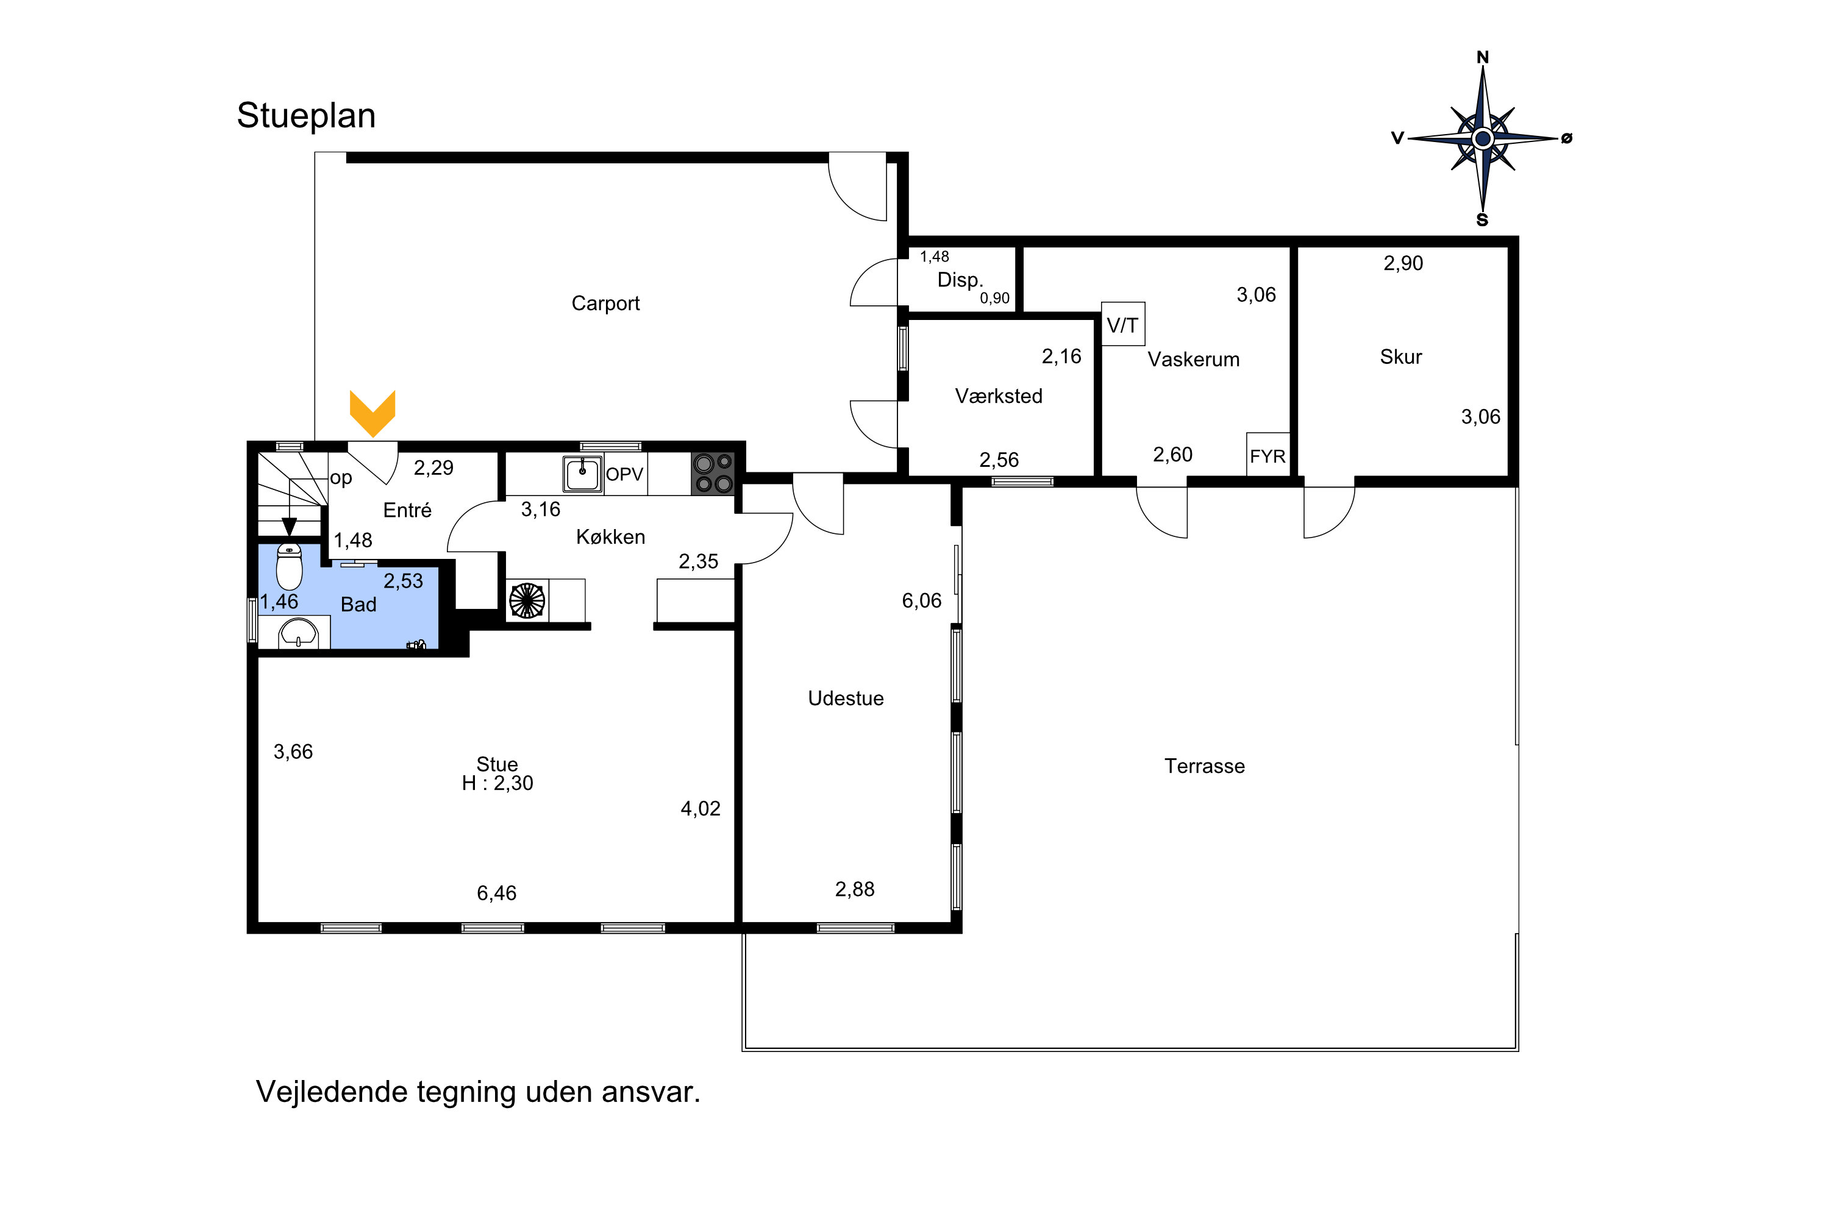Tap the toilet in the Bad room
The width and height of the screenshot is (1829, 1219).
289,567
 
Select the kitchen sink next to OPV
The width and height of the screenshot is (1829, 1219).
582,474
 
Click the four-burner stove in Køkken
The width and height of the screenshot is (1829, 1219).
713,474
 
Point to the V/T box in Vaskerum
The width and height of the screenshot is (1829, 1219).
1123,324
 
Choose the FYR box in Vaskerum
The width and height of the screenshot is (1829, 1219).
1267,455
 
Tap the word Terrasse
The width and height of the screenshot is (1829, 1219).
1205,767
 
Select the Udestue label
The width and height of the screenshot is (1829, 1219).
846,698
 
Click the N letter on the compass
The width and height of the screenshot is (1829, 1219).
1483,57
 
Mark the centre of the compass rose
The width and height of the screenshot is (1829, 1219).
1482,139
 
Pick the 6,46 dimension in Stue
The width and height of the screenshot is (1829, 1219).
496,894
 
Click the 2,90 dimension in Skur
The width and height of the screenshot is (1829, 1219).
1403,263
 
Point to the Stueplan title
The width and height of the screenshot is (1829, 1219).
307,116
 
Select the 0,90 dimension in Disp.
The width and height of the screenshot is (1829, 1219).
994,299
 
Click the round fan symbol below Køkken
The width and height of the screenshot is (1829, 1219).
527,600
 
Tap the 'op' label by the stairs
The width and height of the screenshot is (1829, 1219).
341,478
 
